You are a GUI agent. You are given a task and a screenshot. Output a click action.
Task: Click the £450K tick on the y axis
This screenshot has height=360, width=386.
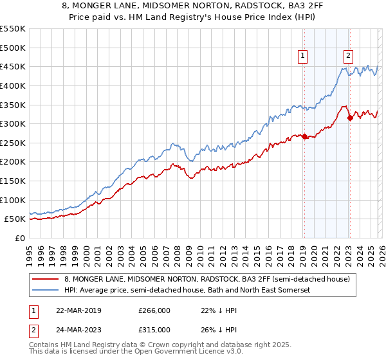tap(13, 66)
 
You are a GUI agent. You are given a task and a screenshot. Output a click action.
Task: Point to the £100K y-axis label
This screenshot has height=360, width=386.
tap(13, 200)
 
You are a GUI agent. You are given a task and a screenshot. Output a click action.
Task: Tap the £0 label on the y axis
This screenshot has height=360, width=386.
tap(19, 238)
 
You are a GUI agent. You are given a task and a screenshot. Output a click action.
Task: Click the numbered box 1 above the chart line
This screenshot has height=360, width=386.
tap(303, 56)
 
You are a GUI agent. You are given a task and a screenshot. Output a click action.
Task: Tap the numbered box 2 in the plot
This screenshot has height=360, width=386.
tap(348, 56)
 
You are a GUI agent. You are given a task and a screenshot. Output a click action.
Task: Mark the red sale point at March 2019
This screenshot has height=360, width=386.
tap(304, 136)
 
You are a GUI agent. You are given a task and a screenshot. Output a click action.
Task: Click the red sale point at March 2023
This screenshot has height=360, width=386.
tap(349, 118)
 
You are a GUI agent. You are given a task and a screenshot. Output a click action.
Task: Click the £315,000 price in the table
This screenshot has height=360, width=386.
tap(154, 329)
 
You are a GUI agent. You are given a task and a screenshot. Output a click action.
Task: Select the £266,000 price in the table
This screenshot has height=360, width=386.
tap(154, 310)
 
